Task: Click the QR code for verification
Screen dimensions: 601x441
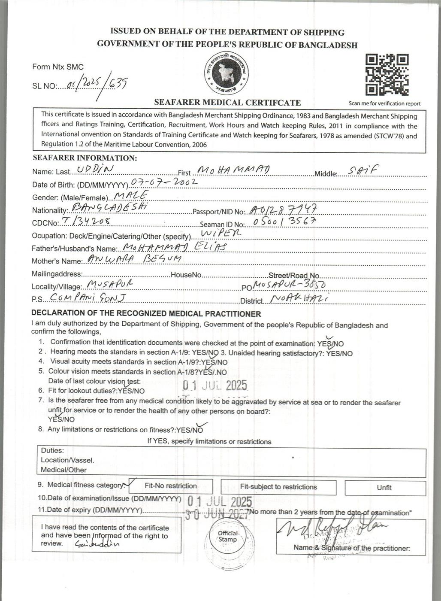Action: pos(387,75)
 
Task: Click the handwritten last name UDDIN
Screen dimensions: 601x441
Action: pos(95,170)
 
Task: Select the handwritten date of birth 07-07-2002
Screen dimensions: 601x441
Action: pos(164,182)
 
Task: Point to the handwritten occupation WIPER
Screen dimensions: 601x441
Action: pos(221,233)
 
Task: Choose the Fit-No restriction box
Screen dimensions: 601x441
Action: pos(171,486)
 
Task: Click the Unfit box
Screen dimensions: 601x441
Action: pos(384,488)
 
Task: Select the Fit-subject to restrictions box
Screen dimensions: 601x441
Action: pos(278,487)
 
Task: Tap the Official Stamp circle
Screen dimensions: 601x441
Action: pos(227,536)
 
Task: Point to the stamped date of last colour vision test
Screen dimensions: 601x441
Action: pos(215,385)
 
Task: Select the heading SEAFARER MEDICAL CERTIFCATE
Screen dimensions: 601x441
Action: pos(227,103)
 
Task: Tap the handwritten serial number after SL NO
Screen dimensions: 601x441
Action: pos(93,84)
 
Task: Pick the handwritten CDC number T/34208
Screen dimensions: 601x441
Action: pos(87,222)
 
